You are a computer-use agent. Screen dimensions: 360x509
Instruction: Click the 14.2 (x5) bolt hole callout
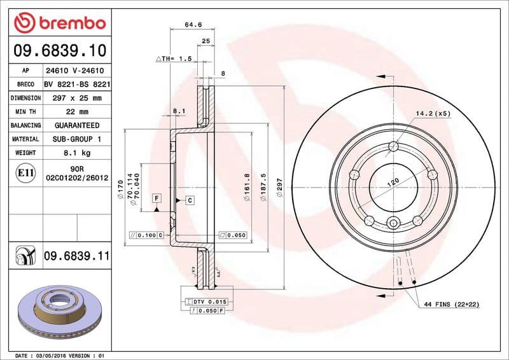pyautogui.click(x=433, y=114)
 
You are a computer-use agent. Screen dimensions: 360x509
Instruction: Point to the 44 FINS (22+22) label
pyautogui.click(x=452, y=305)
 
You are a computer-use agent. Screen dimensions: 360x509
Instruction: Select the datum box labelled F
pyautogui.click(x=155, y=199)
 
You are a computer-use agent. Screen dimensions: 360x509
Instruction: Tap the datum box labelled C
pyautogui.click(x=190, y=201)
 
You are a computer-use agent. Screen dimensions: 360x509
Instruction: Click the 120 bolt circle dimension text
pyautogui.click(x=393, y=183)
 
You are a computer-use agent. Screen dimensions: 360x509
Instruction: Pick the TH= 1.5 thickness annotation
pyautogui.click(x=174, y=58)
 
